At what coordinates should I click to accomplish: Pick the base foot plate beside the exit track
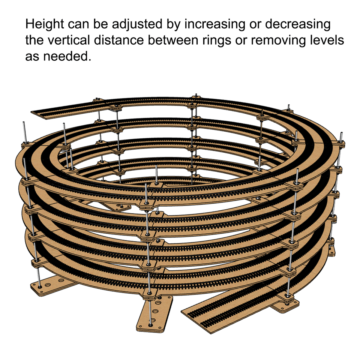287,306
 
